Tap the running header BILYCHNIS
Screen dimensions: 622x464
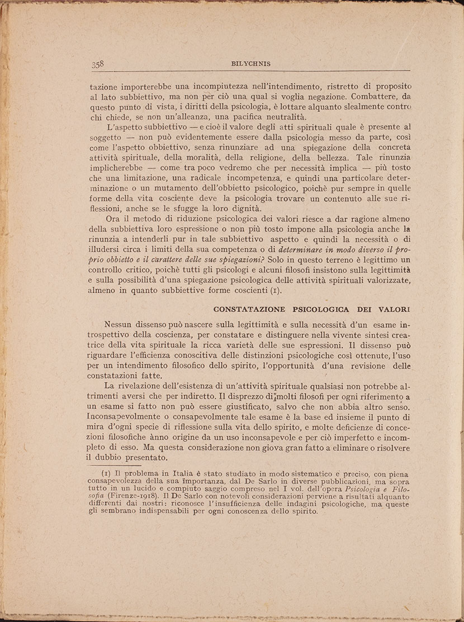pos(250,64)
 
